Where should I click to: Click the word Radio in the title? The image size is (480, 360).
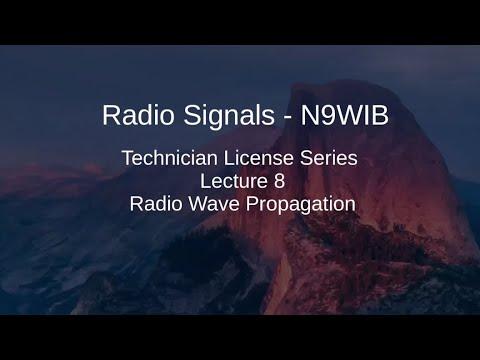(x=131, y=115)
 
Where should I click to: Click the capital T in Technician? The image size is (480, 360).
(x=126, y=158)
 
